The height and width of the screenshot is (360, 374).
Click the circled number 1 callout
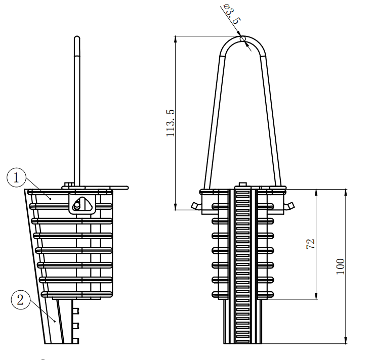pos(17,178)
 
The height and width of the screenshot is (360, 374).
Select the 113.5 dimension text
pos(171,123)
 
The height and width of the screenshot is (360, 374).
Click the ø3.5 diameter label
pos(230,15)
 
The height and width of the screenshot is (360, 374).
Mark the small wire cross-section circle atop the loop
pos(243,38)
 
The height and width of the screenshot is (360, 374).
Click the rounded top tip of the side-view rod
pos(76,38)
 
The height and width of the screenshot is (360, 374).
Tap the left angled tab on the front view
pos(194,206)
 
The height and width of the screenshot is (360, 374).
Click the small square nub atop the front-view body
pos(242,185)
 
